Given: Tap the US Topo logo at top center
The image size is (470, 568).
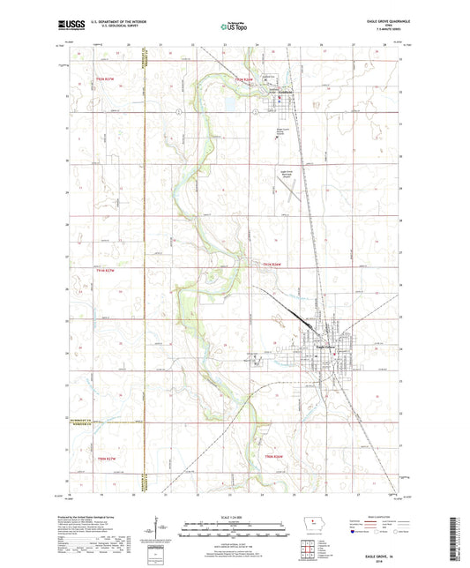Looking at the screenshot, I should [x=234, y=28].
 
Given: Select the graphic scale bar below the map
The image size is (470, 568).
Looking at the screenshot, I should [x=234, y=532].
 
